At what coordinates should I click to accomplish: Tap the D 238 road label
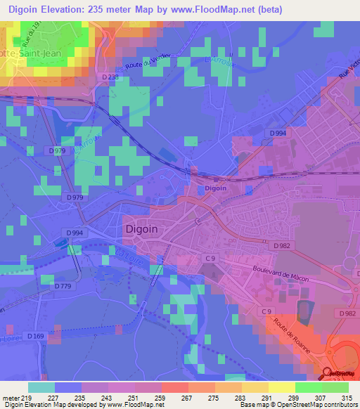tap(110, 77)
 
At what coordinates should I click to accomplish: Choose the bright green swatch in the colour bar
tap(309, 387)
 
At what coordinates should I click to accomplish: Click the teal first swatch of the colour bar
tap(41, 387)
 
